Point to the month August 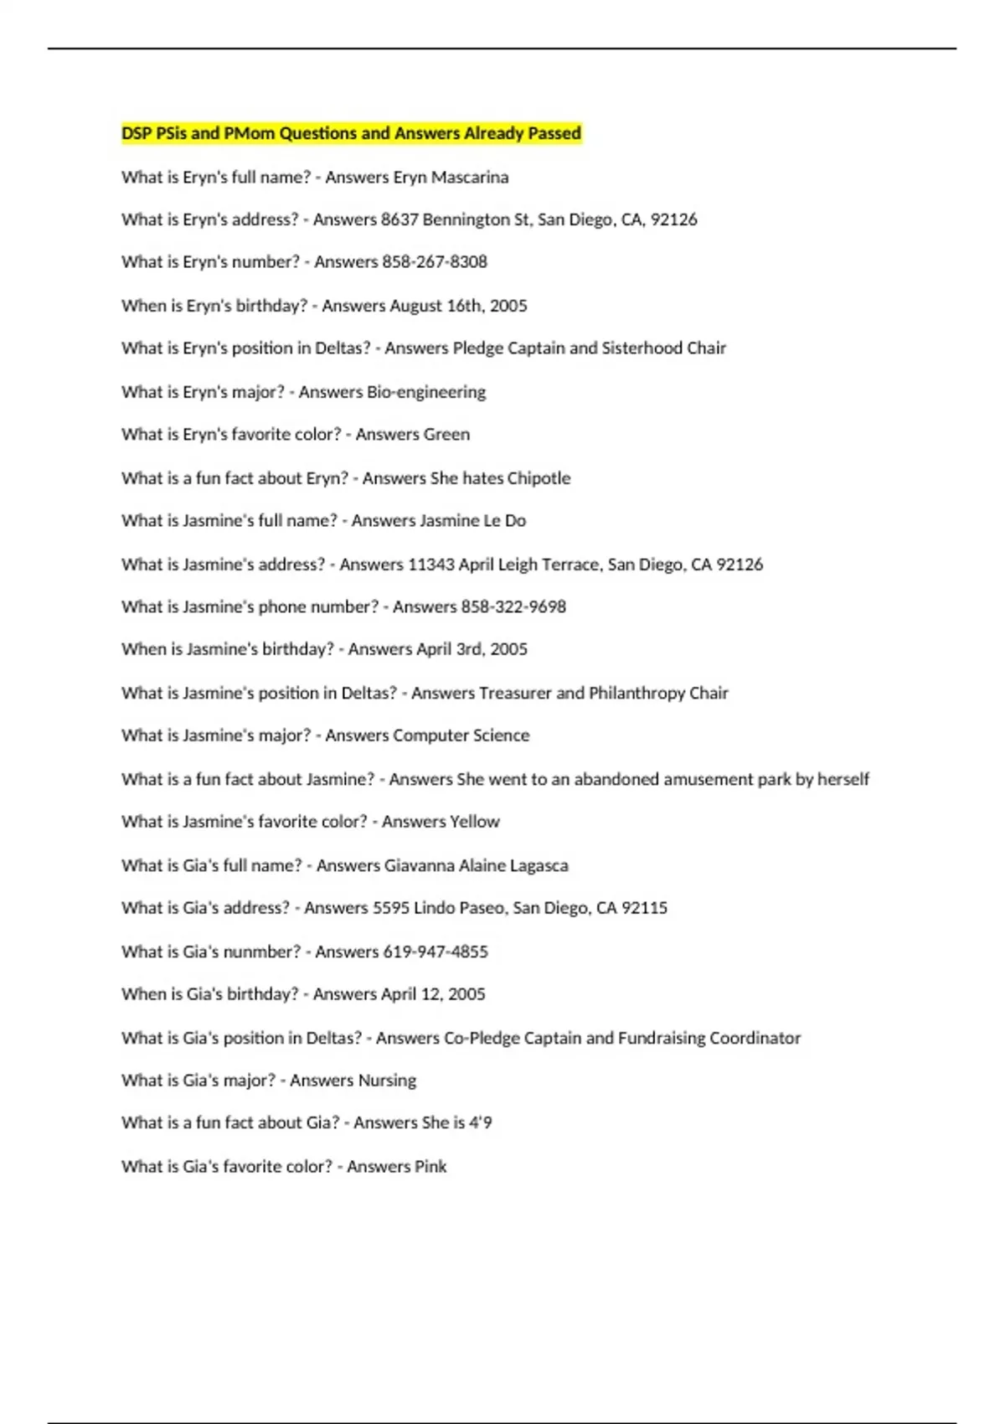(415, 306)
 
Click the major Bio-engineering (426, 392)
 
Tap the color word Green (447, 435)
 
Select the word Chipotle (539, 478)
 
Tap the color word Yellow (475, 822)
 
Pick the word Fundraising (662, 1039)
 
